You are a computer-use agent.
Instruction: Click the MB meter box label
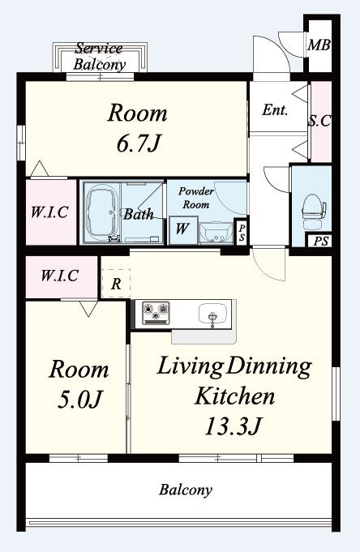tap(319, 45)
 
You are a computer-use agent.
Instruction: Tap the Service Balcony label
tap(99, 56)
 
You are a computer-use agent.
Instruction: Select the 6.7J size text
tap(139, 143)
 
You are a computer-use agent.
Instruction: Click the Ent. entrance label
tap(275, 110)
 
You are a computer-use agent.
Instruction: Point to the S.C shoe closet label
tap(320, 121)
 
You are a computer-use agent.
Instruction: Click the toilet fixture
tap(314, 212)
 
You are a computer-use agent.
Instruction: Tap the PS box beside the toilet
tap(321, 242)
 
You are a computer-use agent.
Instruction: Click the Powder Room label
tap(196, 198)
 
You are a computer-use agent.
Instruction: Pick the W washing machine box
tap(182, 229)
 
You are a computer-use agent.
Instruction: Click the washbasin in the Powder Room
tap(216, 233)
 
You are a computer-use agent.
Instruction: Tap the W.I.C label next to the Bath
tap(49, 212)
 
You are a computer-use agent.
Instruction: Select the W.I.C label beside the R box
tap(59, 276)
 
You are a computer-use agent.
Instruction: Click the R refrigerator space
tap(116, 284)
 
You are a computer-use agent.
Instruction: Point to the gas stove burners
tap(156, 313)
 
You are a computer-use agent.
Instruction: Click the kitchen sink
tap(212, 314)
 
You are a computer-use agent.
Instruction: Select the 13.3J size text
tap(233, 426)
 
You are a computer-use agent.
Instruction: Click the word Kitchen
tap(234, 396)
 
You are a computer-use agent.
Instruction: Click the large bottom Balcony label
tap(186, 490)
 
